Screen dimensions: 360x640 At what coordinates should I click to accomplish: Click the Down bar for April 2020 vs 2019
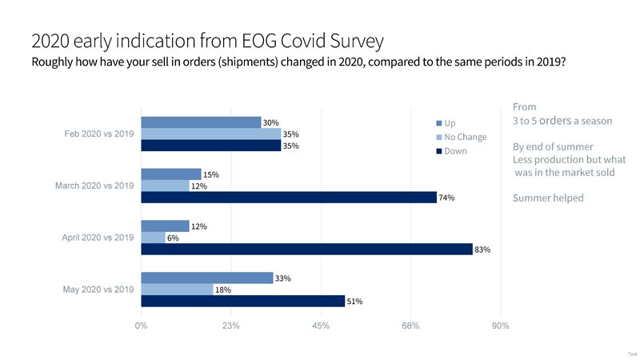306,249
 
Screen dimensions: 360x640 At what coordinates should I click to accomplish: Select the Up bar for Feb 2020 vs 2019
201,122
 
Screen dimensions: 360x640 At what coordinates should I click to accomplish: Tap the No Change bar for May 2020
177,290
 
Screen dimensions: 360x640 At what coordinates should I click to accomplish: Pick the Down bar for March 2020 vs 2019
288,198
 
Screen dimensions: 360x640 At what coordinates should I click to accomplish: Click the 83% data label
482,250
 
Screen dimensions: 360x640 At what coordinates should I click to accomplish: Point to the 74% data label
446,198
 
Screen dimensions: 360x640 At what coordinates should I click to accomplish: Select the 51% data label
354,302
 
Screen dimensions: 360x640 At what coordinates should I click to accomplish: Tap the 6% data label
174,238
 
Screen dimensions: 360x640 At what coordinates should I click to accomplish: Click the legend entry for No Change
465,137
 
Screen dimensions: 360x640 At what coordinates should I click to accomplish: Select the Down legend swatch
439,151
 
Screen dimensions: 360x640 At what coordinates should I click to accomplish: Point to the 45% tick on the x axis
321,326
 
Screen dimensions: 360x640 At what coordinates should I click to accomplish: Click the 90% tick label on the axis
500,326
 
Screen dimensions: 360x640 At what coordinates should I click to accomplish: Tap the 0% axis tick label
141,326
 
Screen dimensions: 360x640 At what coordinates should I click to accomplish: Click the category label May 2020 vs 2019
98,290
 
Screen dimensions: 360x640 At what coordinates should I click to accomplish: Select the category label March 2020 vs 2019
94,186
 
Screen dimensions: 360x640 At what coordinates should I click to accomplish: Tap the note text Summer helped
548,198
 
